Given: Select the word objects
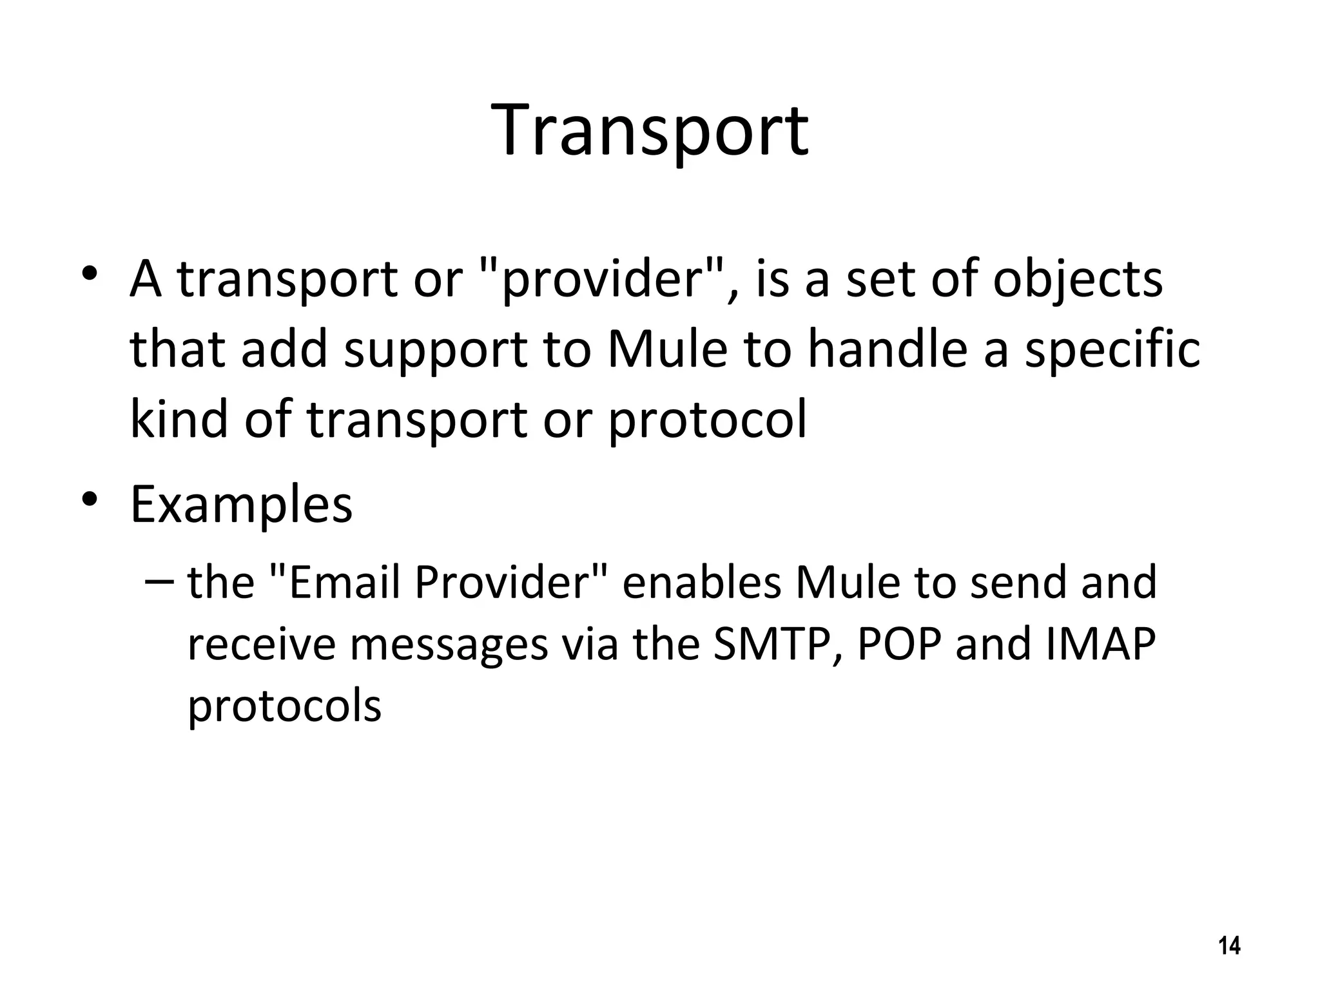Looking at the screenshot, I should click(1078, 280).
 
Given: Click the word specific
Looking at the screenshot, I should click(1112, 351).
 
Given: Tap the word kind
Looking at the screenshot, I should click(179, 419).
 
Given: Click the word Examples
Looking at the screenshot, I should click(242, 505).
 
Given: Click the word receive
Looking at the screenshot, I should click(261, 645).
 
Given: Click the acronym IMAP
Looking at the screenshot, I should click(1101, 645).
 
